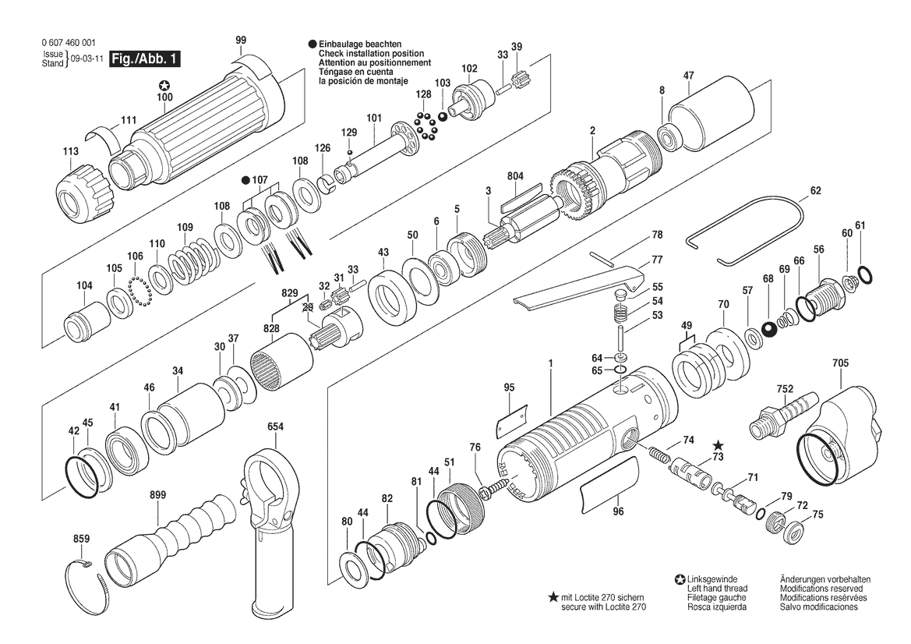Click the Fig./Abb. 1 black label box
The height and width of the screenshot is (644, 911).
[x=147, y=59]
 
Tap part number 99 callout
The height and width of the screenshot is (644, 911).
[x=241, y=40]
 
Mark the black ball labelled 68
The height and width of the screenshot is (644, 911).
[x=770, y=328]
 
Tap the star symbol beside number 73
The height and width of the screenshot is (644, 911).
[x=718, y=445]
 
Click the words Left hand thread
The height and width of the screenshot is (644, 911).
[x=717, y=588]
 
